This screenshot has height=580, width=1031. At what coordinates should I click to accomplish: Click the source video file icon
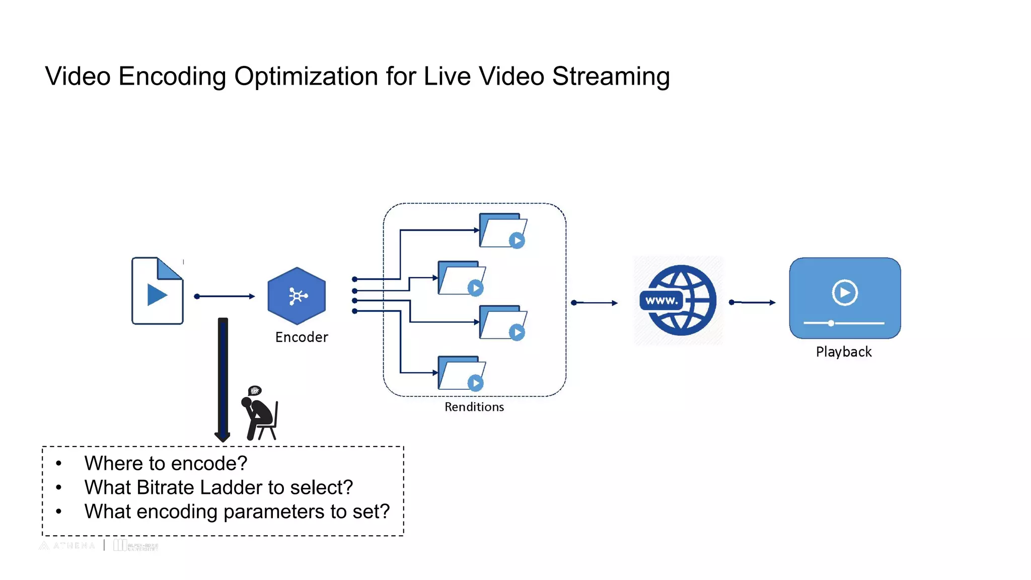pyautogui.click(x=157, y=291)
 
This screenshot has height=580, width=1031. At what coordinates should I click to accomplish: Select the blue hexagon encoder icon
pyautogui.click(x=297, y=296)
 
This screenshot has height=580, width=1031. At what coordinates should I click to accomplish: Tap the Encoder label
pyautogui.click(x=302, y=337)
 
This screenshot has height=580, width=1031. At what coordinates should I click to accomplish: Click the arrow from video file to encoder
pyautogui.click(x=225, y=297)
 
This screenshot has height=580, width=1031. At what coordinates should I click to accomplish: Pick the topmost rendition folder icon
pyautogui.click(x=502, y=231)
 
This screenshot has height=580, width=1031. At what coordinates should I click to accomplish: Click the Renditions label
pyautogui.click(x=474, y=407)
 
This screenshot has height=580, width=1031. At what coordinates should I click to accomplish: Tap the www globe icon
pyautogui.click(x=678, y=301)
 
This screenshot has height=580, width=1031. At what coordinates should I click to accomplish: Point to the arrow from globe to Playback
pyautogui.click(x=753, y=303)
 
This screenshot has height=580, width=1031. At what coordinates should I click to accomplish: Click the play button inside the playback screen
pyautogui.click(x=844, y=292)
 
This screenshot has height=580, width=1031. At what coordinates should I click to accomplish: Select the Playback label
pyautogui.click(x=844, y=351)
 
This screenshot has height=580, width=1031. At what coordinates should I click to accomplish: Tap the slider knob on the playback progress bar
pyautogui.click(x=831, y=323)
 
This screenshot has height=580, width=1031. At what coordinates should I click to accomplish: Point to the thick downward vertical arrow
pyautogui.click(x=223, y=378)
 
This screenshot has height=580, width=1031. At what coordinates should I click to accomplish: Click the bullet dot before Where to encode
pyautogui.click(x=59, y=463)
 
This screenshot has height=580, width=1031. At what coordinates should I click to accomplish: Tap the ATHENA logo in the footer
pyautogui.click(x=67, y=546)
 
